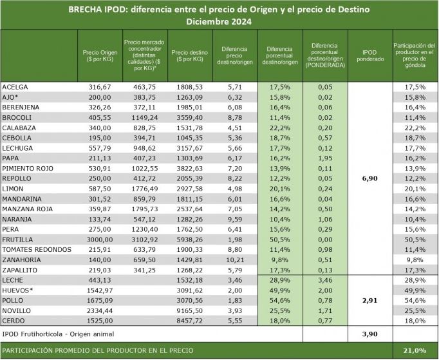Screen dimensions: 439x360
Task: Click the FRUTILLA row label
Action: coord(17,240)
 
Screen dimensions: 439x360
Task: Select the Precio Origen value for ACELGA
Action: coord(100,87)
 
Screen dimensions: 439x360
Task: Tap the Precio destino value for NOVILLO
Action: coord(189,310)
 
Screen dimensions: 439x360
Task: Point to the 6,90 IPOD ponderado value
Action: coord(370,178)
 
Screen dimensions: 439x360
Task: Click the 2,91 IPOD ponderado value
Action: coord(370,301)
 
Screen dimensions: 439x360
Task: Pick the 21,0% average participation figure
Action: coord(415,350)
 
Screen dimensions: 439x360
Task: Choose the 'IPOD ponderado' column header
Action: coord(370,56)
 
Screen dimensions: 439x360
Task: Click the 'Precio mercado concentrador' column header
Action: coord(144,55)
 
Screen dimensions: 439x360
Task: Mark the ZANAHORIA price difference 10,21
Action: coord(235,260)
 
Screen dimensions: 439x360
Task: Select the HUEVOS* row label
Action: coord(17,290)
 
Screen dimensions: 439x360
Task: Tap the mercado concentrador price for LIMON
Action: coord(144,189)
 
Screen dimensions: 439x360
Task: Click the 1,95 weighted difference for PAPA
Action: coord(325,158)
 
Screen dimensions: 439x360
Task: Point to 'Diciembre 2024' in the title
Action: coord(219,21)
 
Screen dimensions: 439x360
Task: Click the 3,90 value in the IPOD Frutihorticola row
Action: coord(370,334)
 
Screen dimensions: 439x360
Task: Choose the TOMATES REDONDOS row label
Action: coord(37,250)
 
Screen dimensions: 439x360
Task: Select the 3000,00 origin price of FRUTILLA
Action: coord(100,240)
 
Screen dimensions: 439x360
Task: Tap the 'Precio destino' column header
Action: coord(189,56)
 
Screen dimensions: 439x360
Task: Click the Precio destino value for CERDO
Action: coord(189,321)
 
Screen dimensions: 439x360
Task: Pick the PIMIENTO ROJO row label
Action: coord(28,168)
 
